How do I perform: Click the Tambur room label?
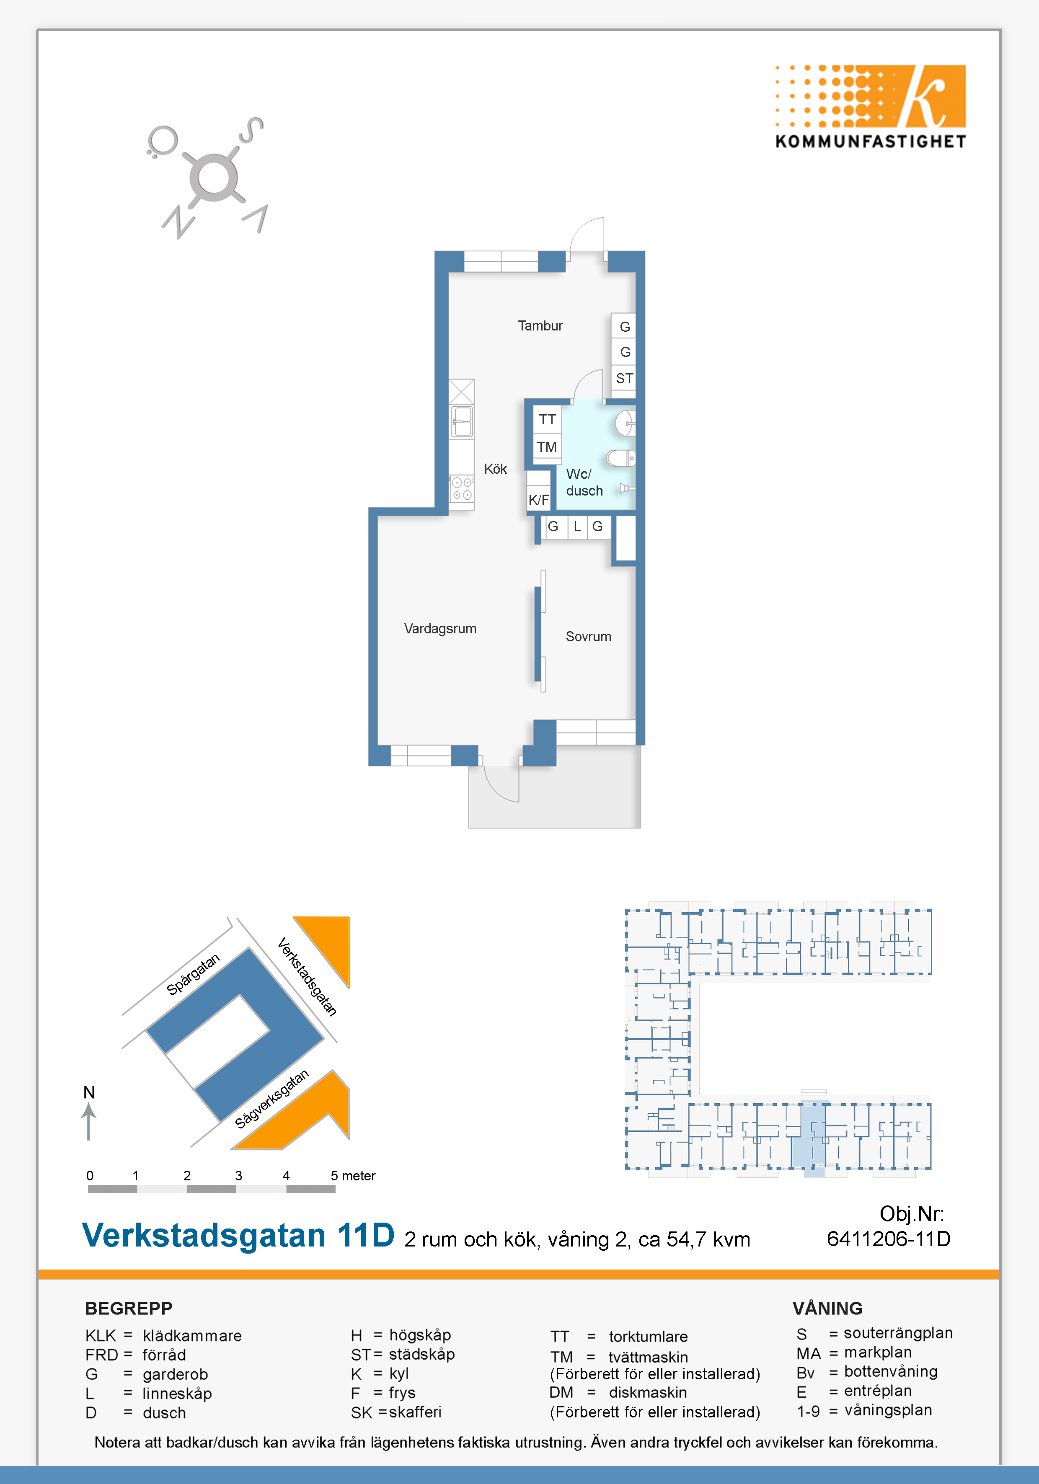[x=540, y=326]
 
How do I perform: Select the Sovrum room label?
[x=588, y=637]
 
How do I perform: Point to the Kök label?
[x=495, y=469]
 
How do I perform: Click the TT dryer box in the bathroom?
[x=547, y=419]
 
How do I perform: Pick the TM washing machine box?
[x=547, y=446]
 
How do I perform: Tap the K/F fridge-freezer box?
[x=539, y=499]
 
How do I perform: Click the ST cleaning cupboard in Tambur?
[x=624, y=378]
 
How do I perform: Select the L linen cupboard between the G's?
[x=577, y=527]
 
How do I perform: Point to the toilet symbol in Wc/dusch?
[x=621, y=458]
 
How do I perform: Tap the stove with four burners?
[x=462, y=489]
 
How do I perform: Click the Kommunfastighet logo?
[x=870, y=107]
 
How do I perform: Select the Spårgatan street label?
[x=193, y=973]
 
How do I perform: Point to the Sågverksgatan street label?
[x=271, y=1099]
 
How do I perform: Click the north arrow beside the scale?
[x=88, y=1121]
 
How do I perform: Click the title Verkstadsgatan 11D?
[x=238, y=1235]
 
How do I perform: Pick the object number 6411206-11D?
[x=888, y=1239]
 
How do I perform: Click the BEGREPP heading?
[x=129, y=1308]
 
